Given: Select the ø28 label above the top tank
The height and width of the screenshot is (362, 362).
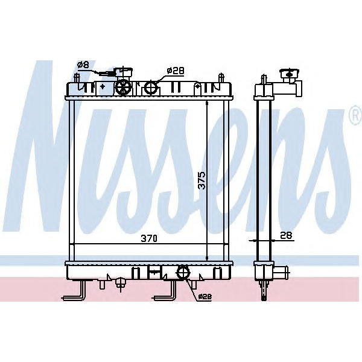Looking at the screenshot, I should (175, 71).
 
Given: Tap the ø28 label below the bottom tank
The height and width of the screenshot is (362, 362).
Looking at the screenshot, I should (205, 296).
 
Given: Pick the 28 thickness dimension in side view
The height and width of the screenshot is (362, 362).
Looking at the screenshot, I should (286, 236).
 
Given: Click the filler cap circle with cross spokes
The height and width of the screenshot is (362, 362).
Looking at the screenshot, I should (124, 88).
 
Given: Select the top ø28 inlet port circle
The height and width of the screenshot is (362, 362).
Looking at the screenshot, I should (151, 88).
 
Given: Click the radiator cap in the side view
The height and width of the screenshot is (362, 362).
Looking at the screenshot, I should (288, 75).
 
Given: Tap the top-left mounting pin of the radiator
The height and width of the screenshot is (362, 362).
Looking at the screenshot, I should (75, 78).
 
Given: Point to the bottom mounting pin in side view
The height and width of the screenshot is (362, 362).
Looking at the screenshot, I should (264, 291).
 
